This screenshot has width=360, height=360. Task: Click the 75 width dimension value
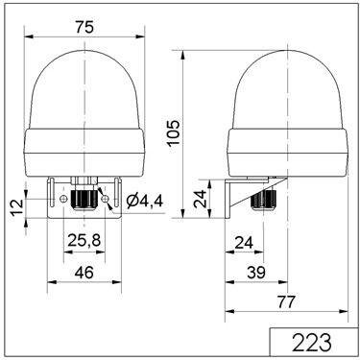(x=84, y=27)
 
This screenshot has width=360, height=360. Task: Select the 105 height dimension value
(x=174, y=133)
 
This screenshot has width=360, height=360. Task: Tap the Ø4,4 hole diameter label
(x=145, y=202)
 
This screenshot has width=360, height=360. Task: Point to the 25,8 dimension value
(x=84, y=240)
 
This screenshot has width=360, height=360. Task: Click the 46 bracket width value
(x=84, y=273)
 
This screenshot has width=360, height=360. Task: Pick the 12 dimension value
(x=17, y=206)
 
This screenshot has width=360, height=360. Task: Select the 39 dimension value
(x=256, y=273)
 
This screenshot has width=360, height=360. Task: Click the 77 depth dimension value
(x=285, y=301)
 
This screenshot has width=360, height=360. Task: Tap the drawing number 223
(x=312, y=343)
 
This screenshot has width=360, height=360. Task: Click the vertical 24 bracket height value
(x=201, y=199)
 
